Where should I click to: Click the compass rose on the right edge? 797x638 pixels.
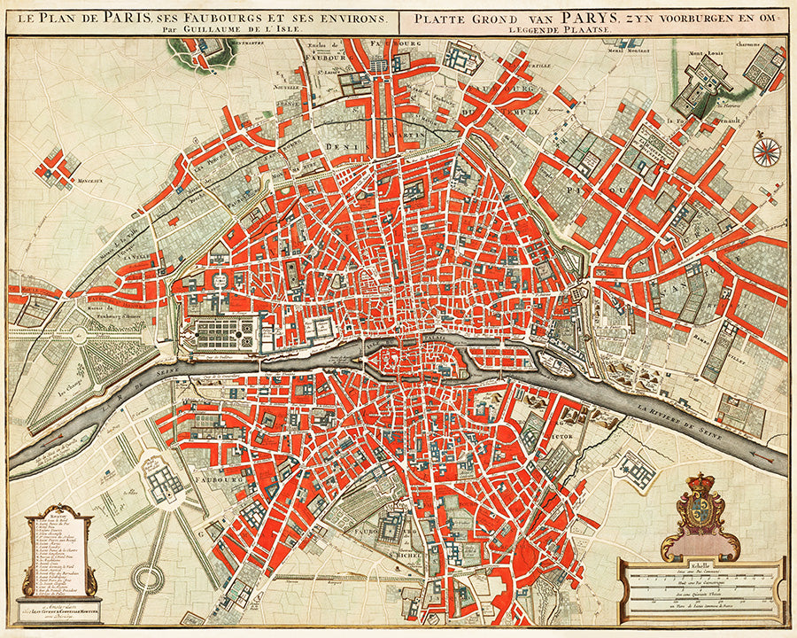(x=766, y=151)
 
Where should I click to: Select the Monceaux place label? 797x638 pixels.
(x=59, y=181)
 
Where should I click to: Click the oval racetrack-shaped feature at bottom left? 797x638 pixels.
(x=146, y=580)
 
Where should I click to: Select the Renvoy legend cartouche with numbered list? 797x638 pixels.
(x=51, y=554)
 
